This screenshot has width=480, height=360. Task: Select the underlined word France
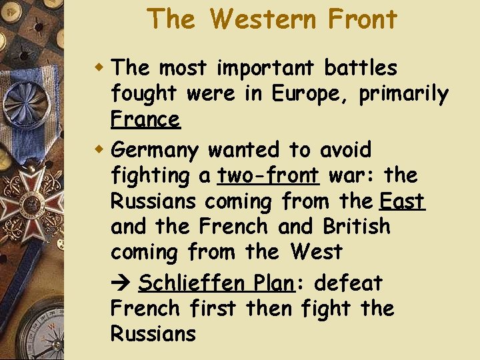145,120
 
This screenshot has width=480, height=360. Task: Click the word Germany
155,151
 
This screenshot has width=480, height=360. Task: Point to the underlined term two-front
268,176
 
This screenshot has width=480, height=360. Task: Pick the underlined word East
402,201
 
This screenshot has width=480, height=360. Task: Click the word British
357,227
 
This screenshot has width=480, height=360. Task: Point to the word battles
361,68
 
